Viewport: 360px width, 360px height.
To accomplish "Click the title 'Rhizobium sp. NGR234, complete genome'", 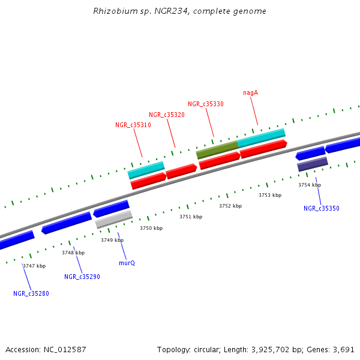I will point(180,11).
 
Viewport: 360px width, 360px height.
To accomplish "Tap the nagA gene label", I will point(250,92).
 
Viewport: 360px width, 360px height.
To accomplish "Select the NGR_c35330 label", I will point(205,104).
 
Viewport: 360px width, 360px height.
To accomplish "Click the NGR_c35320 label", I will point(166,115).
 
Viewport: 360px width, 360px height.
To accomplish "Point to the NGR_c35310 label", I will point(133,125).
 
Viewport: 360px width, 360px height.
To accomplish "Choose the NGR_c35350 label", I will point(321,208).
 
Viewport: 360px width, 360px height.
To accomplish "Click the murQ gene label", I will point(127,263).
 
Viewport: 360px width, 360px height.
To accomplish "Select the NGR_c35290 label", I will point(82,277).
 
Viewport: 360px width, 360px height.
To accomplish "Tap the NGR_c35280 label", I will point(31,293).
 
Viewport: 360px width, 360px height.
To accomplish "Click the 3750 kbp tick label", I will point(151,228).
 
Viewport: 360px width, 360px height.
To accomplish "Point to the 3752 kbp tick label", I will point(230,206).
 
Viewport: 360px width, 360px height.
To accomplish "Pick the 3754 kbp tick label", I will point(310,185).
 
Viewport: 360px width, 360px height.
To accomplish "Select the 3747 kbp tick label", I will point(34,266).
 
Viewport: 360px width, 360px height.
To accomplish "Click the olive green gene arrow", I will point(217,149).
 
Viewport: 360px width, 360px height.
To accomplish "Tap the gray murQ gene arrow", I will point(113,220).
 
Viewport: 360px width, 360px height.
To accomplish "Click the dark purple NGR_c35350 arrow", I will point(312,164).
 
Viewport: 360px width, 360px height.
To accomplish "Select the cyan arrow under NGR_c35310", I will point(146,170).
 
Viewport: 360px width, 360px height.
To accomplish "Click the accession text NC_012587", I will point(46,349).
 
